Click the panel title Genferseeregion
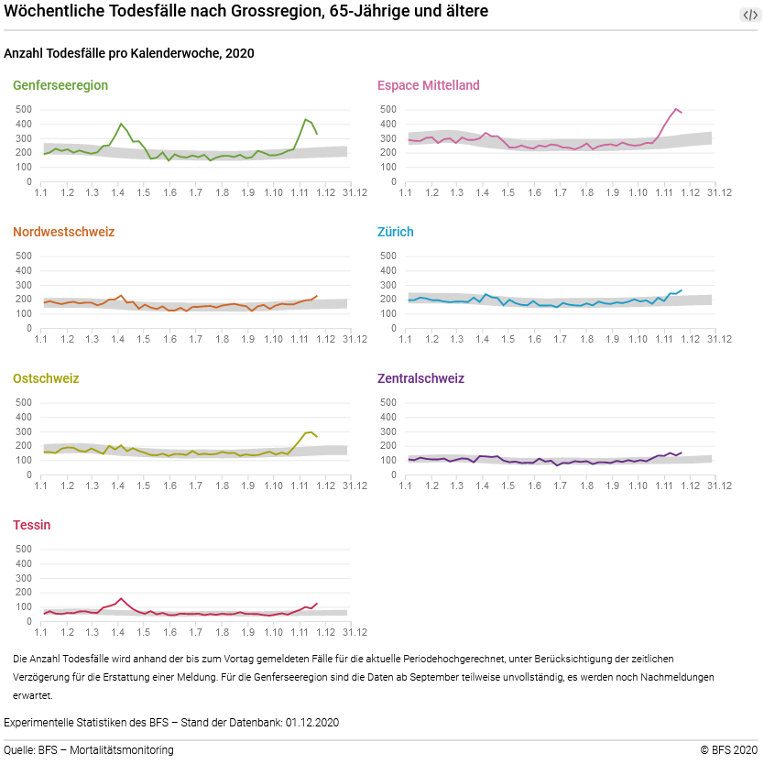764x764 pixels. [x=60, y=85]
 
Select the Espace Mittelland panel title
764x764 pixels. [x=428, y=85]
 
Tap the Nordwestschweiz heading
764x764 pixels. [x=63, y=232]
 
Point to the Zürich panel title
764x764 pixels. [x=396, y=232]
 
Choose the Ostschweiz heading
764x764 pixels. [x=46, y=378]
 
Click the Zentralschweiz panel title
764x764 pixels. [x=420, y=378]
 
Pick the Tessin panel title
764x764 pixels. [x=32, y=525]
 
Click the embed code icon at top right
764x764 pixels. [x=749, y=15]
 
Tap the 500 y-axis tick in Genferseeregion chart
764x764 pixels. [x=25, y=109]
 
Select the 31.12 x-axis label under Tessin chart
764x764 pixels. [x=355, y=632]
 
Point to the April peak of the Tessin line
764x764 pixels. [x=121, y=598]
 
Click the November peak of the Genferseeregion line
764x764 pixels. [x=305, y=119]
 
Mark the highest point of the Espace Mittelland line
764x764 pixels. [x=675, y=109]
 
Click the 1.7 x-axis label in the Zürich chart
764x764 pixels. [x=561, y=339]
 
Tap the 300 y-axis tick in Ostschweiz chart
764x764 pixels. [x=25, y=431]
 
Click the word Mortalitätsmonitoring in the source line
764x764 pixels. [x=123, y=750]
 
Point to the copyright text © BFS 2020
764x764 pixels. [x=729, y=750]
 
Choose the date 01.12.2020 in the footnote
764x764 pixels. [x=311, y=723]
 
